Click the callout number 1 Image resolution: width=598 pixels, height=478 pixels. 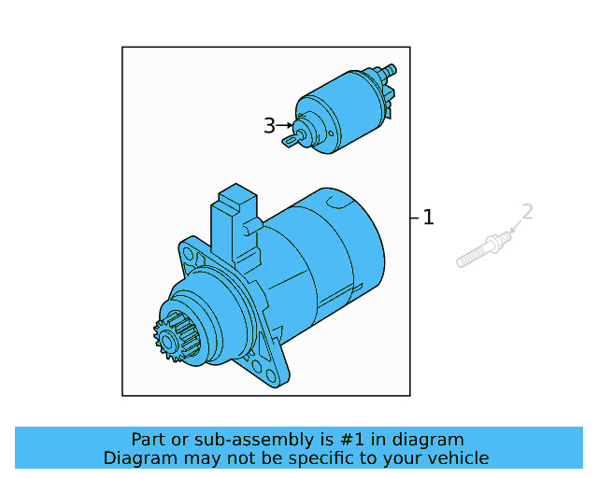[x=428, y=218]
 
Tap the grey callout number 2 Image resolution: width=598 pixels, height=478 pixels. [x=527, y=212]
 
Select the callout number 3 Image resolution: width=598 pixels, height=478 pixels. [x=269, y=126]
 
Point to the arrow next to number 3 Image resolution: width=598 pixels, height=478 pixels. [x=285, y=126]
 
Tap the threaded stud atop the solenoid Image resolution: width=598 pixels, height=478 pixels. [x=388, y=70]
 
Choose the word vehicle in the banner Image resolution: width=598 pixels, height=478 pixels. [x=458, y=457]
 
